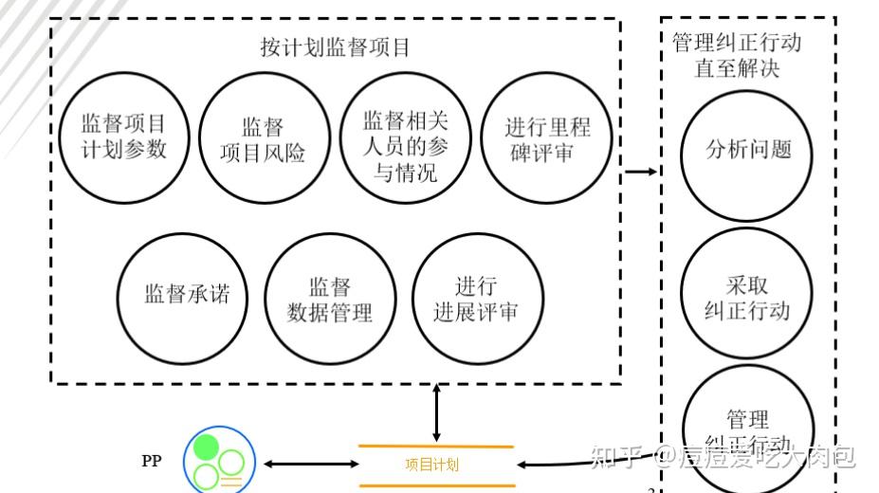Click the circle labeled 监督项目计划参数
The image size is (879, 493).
pos(123,137)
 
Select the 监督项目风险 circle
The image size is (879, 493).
pos(263,139)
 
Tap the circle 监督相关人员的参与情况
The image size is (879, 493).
pos(404,139)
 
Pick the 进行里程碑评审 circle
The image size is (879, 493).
pos(546,139)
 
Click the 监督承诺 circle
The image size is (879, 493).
pos(186,295)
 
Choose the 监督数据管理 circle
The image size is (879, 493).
pos(329,298)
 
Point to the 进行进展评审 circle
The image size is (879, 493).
pos(477,298)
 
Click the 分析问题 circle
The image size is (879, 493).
pos(748,150)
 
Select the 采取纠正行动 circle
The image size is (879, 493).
pos(748,297)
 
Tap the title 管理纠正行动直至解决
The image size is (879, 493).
pos(737,55)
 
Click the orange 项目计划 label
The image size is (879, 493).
pos(431,465)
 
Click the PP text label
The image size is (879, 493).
pos(152,462)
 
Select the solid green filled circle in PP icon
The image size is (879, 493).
pos(206,446)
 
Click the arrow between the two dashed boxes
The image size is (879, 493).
pos(641,172)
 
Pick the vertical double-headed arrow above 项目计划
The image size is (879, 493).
pos(435,411)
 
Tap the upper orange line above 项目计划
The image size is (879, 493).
pos(435,446)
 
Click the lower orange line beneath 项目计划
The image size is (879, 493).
pos(435,484)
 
